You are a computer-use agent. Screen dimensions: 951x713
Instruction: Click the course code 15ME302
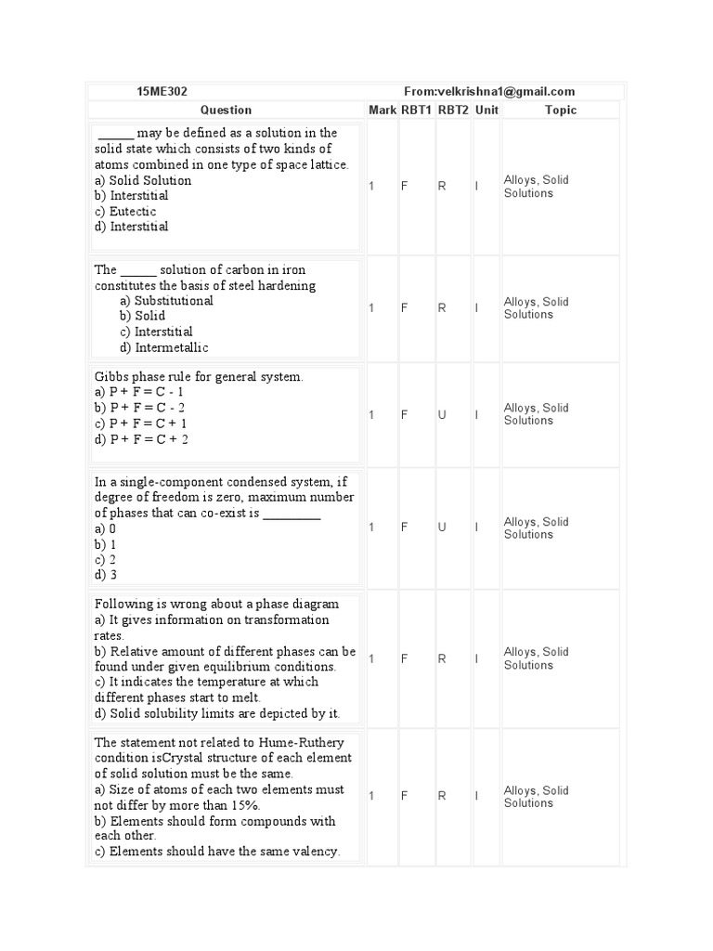click(x=162, y=91)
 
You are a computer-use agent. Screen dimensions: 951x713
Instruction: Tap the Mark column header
click(x=382, y=110)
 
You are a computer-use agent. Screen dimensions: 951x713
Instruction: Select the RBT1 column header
click(x=417, y=110)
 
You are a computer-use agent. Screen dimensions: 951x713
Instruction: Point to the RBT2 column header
click(x=454, y=110)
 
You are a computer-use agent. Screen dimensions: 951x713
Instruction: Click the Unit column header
click(x=486, y=110)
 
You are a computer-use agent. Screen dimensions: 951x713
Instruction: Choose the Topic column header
click(x=560, y=110)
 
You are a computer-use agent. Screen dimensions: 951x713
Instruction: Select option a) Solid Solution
click(x=143, y=180)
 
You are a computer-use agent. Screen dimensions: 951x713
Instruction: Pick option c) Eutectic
click(x=125, y=211)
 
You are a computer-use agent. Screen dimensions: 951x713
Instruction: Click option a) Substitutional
click(x=166, y=301)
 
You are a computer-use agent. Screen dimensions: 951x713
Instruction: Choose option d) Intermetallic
click(x=164, y=347)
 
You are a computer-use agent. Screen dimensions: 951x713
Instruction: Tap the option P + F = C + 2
click(x=141, y=439)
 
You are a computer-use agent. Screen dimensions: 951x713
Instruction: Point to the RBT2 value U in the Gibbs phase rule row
click(x=442, y=415)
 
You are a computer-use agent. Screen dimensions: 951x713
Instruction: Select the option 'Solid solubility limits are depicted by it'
click(x=217, y=713)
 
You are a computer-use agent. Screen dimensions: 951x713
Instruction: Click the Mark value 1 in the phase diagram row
click(x=371, y=658)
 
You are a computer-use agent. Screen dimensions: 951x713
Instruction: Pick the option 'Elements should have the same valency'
click(x=217, y=852)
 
